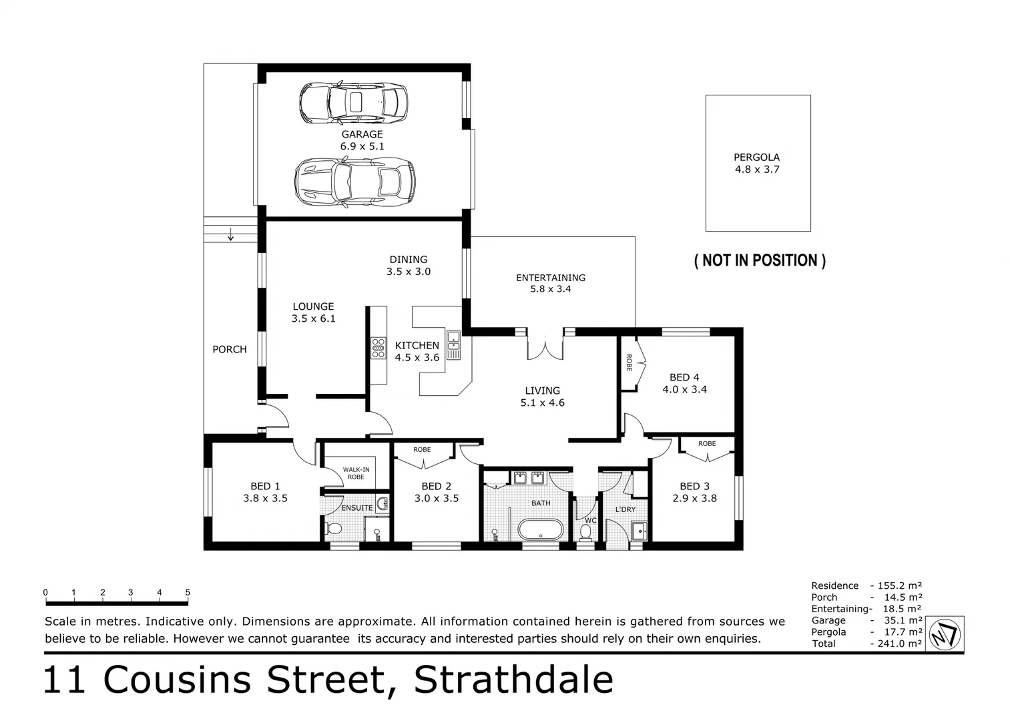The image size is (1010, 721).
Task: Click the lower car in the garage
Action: pos(354,181)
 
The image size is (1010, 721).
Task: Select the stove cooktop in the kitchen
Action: pos(378,348)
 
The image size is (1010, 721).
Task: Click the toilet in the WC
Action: pos(585,532)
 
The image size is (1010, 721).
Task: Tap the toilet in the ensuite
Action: pos(333,529)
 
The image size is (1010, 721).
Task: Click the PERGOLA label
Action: pos(756,158)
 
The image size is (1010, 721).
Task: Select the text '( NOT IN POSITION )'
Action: pos(760,260)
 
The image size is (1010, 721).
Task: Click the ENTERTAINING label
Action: pos(550,278)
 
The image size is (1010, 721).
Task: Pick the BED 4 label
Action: pos(684,377)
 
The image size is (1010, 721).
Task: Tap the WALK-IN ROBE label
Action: pos(356,473)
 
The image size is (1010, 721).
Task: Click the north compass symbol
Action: pos(945,633)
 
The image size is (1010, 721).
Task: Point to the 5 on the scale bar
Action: pos(188,592)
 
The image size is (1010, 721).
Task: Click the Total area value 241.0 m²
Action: pos(896,644)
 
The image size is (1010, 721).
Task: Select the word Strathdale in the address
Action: pos(513,680)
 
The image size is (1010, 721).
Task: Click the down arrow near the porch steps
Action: pos(230,234)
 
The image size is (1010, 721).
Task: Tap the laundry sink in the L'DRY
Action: pos(639,531)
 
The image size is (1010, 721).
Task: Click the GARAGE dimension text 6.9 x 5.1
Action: pos(362,146)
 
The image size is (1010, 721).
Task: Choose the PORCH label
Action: pos(229,349)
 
